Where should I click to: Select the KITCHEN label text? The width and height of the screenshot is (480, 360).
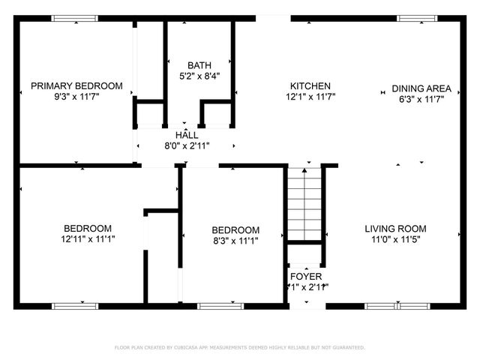(x=310, y=86)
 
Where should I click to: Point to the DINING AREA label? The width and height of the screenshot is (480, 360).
(x=421, y=88)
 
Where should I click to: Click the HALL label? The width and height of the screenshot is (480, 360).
(x=187, y=135)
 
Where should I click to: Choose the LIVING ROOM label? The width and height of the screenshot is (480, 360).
(x=395, y=229)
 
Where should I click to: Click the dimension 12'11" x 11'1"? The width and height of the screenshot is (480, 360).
(x=88, y=239)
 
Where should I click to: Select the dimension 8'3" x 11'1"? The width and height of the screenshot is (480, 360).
(x=235, y=241)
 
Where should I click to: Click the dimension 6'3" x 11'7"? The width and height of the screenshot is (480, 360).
(x=421, y=97)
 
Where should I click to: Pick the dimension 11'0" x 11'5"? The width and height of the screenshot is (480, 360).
(x=395, y=240)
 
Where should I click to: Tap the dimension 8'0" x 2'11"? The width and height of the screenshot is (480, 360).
(x=187, y=145)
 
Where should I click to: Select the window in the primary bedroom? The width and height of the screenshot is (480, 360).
(x=75, y=18)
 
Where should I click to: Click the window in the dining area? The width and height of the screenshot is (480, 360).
(x=418, y=18)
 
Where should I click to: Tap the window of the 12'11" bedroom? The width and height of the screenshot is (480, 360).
(x=74, y=306)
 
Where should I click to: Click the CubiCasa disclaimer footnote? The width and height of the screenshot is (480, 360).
(x=239, y=347)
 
